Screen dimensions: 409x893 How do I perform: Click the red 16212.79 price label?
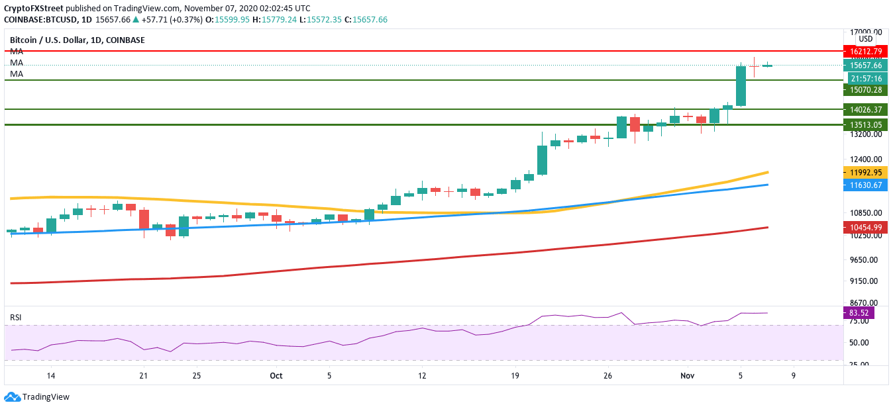pos(867,51)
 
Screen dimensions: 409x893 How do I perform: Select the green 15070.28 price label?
pos(867,90)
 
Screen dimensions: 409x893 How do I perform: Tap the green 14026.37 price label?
pos(867,110)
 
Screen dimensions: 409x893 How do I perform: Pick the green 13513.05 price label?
pos(867,124)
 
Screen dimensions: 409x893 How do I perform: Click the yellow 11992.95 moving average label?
pos(867,172)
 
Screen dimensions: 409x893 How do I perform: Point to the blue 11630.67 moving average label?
pos(867,185)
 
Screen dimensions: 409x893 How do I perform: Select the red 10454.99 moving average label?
pos(867,227)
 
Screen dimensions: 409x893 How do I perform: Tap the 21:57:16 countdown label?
pos(867,78)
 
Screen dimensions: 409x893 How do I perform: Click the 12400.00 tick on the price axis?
pos(867,159)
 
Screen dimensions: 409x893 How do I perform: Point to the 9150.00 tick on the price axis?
pos(867,281)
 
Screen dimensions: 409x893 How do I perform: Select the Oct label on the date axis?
pos(276,375)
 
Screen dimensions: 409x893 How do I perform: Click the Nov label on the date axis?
pos(688,375)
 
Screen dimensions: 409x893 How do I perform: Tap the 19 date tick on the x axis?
pos(515,375)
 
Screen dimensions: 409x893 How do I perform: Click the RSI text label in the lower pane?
pos(15,318)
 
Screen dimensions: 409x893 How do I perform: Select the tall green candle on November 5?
pos(741,85)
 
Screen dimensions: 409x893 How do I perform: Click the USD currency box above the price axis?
pos(867,39)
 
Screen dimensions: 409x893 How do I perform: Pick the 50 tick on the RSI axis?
pos(859,343)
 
